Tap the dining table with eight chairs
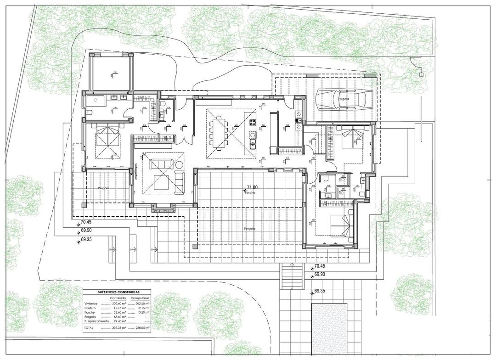pos(219,131)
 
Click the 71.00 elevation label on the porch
pos(252,187)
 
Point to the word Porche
pos(250,193)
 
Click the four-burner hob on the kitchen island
pos(252,122)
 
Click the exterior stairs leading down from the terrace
pos(291,277)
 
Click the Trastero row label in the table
pos(90,308)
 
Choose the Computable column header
pos(140,298)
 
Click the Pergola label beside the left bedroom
pos(103,188)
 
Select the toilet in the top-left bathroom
pos(89,112)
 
